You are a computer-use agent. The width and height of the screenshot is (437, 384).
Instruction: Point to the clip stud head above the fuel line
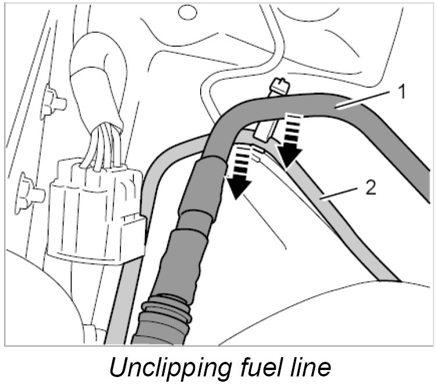pos(278,87)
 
